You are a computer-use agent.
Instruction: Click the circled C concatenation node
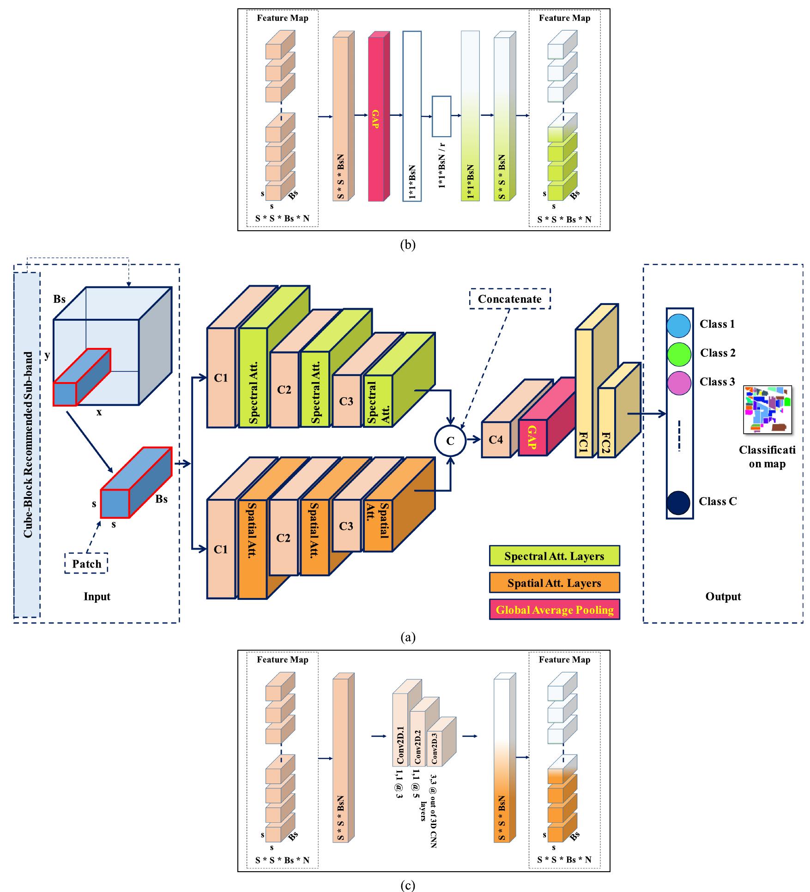coord(450,441)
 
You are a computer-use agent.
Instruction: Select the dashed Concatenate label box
coord(510,299)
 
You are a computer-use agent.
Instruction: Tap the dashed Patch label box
coord(86,563)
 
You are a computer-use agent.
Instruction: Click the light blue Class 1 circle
coord(678,324)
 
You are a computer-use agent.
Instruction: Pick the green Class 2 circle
coord(678,353)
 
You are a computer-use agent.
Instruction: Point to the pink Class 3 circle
coord(678,383)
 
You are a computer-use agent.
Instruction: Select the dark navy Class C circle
coord(678,503)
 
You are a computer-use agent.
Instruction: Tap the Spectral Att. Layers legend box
coord(554,556)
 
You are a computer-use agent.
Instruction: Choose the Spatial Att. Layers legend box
coord(554,583)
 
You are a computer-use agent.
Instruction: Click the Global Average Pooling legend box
coord(554,610)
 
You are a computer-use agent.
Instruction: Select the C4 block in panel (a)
coord(496,440)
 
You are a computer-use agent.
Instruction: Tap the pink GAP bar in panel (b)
coord(375,119)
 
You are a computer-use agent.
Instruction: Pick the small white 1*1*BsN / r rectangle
coord(441,116)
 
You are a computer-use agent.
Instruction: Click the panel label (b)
coord(407,245)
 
